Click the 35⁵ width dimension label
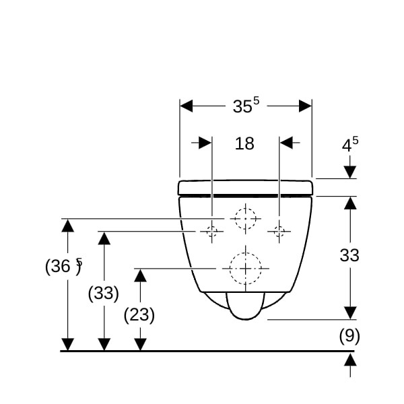246,106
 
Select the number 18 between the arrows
244,143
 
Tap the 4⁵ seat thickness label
350,144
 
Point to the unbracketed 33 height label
349,255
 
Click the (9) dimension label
349,336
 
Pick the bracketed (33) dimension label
103,293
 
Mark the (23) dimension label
139,315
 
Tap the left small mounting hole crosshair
212,232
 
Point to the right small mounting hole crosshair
279,232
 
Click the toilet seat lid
246,187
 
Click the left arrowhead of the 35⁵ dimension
186,106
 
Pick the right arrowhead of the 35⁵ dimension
305,106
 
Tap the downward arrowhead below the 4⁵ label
350,172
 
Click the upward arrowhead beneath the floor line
350,360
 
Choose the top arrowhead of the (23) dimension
141,275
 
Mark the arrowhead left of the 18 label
205,143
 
